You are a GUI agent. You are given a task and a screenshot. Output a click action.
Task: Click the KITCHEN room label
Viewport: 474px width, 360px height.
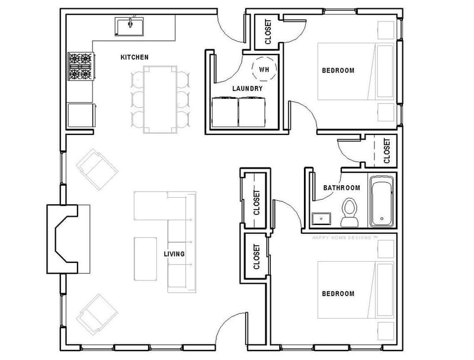pos(134,57)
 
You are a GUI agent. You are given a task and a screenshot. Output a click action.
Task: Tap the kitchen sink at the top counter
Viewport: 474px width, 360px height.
pos(130,27)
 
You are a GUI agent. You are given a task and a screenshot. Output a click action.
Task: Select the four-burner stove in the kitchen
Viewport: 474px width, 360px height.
pos(81,66)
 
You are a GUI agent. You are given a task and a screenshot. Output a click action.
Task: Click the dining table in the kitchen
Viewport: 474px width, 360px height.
pos(159,98)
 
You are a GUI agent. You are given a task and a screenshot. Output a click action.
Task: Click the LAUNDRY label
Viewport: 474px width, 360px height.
pos(247,89)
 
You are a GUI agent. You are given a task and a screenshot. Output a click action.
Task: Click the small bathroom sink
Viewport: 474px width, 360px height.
pos(322,218)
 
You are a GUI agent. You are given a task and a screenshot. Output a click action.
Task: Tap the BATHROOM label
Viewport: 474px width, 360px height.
pos(341,188)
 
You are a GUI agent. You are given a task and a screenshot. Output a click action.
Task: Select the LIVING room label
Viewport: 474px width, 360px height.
pos(174,254)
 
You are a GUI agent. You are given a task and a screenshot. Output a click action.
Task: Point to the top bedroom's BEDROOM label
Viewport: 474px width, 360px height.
pos(338,70)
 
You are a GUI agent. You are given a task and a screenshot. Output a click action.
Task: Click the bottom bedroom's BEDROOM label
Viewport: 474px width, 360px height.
pos(338,294)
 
